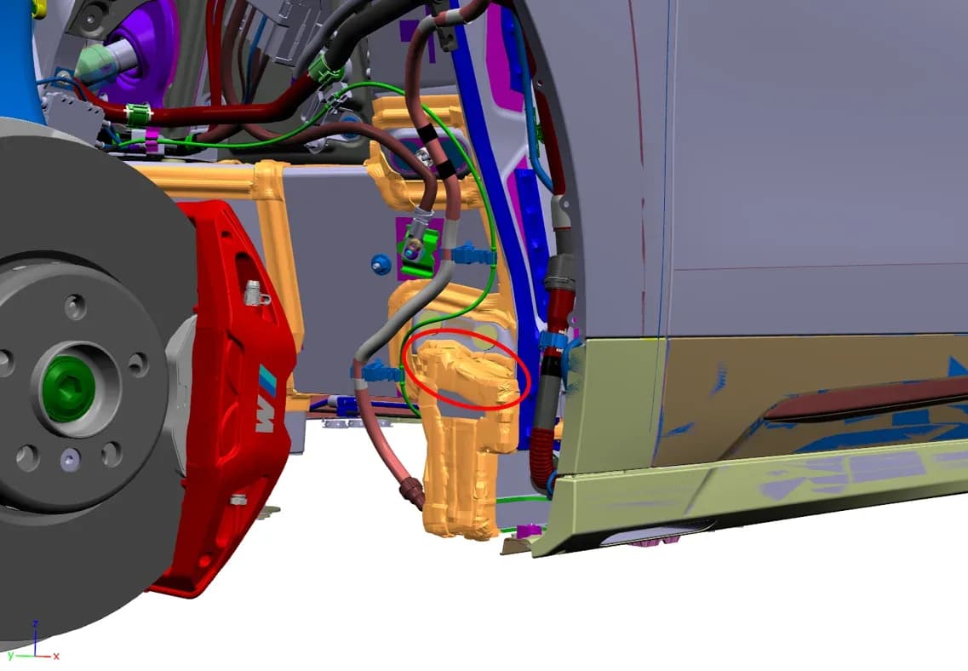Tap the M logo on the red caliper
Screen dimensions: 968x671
[x=266, y=401]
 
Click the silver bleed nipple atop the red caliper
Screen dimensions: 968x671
[x=255, y=293]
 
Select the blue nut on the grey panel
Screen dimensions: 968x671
[x=381, y=265]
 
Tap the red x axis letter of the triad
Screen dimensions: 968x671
[x=56, y=656]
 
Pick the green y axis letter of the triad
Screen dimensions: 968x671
[x=10, y=656]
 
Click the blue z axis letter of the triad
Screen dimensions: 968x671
[x=36, y=624]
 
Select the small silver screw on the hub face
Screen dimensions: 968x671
[x=70, y=459]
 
